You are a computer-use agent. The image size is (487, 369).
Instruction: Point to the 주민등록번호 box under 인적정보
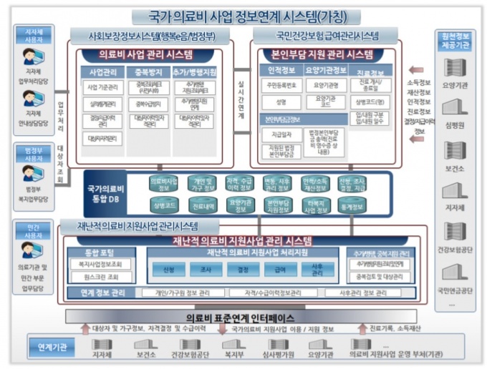coord(281,86)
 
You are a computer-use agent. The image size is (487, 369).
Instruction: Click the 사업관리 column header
coord(102,72)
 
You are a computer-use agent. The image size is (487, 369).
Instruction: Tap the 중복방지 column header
coord(145,72)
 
